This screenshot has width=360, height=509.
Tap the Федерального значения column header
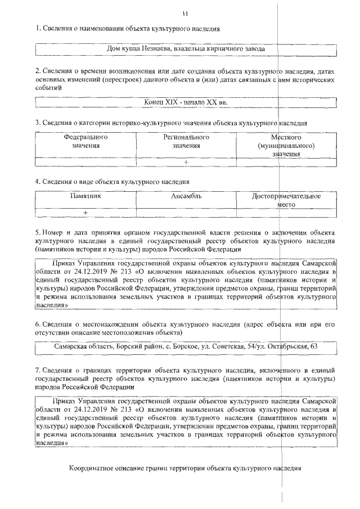pos(85,141)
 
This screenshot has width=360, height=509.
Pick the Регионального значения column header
pos(186,141)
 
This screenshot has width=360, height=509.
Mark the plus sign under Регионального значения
pos(186,162)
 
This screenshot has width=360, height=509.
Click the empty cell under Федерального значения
pos(85,162)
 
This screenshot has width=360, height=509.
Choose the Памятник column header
pos(85,196)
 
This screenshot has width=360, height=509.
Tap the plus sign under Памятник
pos(85,213)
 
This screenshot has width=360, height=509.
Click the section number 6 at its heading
pos(37,325)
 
